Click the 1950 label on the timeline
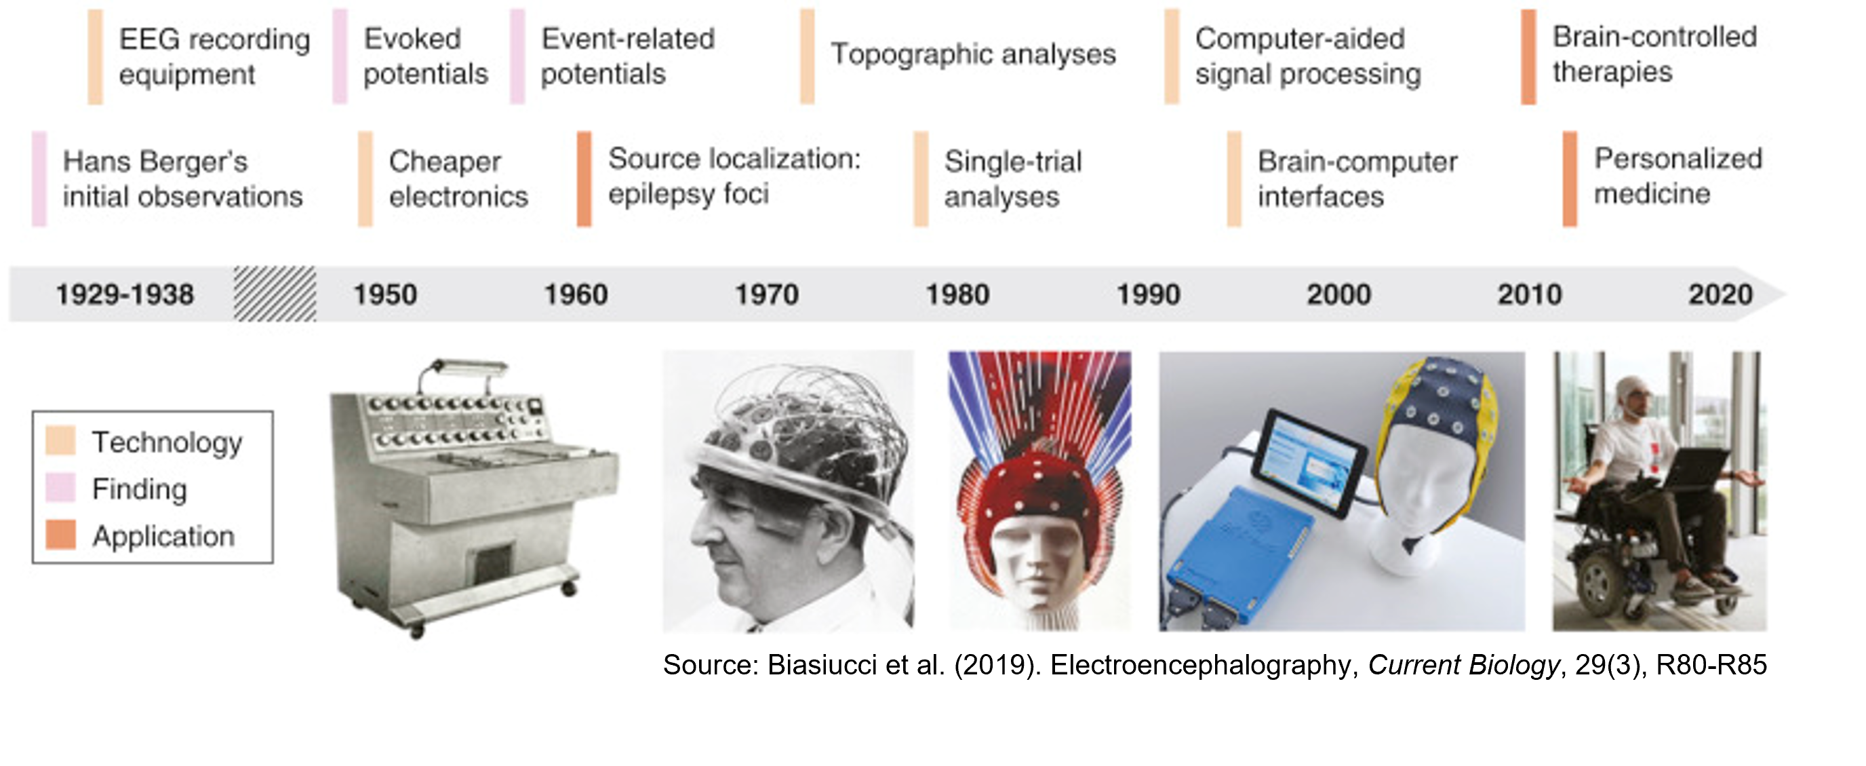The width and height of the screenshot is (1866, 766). tap(384, 295)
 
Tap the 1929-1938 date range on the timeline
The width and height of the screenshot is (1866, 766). tap(125, 295)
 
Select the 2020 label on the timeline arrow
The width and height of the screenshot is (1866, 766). tap(1720, 295)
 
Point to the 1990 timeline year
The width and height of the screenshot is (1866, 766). tap(1148, 295)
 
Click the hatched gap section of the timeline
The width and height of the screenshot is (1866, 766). tap(275, 294)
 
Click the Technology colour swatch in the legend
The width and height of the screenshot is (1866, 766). tap(61, 440)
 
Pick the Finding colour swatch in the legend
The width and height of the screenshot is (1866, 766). tap(61, 488)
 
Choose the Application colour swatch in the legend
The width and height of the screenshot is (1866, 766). tap(61, 535)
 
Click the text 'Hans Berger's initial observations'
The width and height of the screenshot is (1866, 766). tap(182, 179)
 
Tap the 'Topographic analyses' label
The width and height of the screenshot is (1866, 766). tap(973, 54)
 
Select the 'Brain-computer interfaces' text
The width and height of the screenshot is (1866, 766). tap(1357, 179)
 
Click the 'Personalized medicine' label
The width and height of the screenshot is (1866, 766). tap(1678, 176)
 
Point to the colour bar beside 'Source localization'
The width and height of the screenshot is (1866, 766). tap(584, 179)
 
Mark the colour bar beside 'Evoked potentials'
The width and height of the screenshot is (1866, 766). tap(340, 56)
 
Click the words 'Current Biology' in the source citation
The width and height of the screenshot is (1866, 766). tap(1463, 664)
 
